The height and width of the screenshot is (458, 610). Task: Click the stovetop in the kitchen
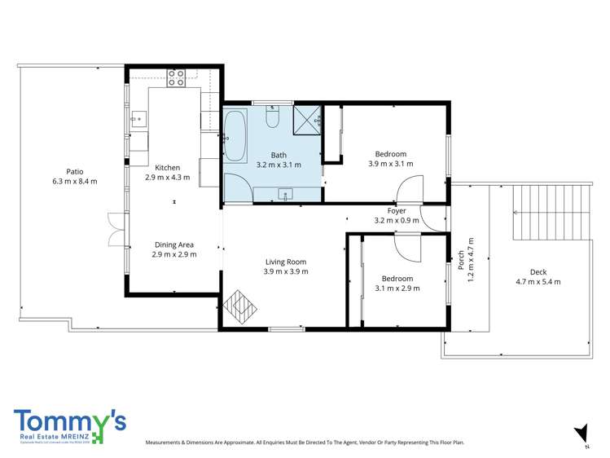click(x=177, y=78)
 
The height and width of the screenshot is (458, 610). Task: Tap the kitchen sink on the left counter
click(x=138, y=119)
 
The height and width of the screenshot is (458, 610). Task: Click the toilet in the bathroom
click(x=274, y=118)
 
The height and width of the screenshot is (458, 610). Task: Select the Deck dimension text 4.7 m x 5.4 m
click(x=538, y=282)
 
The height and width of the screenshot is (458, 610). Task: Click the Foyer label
click(x=397, y=210)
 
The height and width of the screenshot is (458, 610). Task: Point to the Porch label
click(x=461, y=260)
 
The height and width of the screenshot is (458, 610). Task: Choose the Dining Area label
click(x=174, y=244)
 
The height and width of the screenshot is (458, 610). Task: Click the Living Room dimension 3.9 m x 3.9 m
click(x=286, y=271)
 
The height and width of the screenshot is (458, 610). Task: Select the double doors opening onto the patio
click(x=115, y=229)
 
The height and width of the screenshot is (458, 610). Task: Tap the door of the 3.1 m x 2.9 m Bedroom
click(x=406, y=245)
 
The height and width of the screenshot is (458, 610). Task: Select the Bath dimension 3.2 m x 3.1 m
click(x=279, y=164)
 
